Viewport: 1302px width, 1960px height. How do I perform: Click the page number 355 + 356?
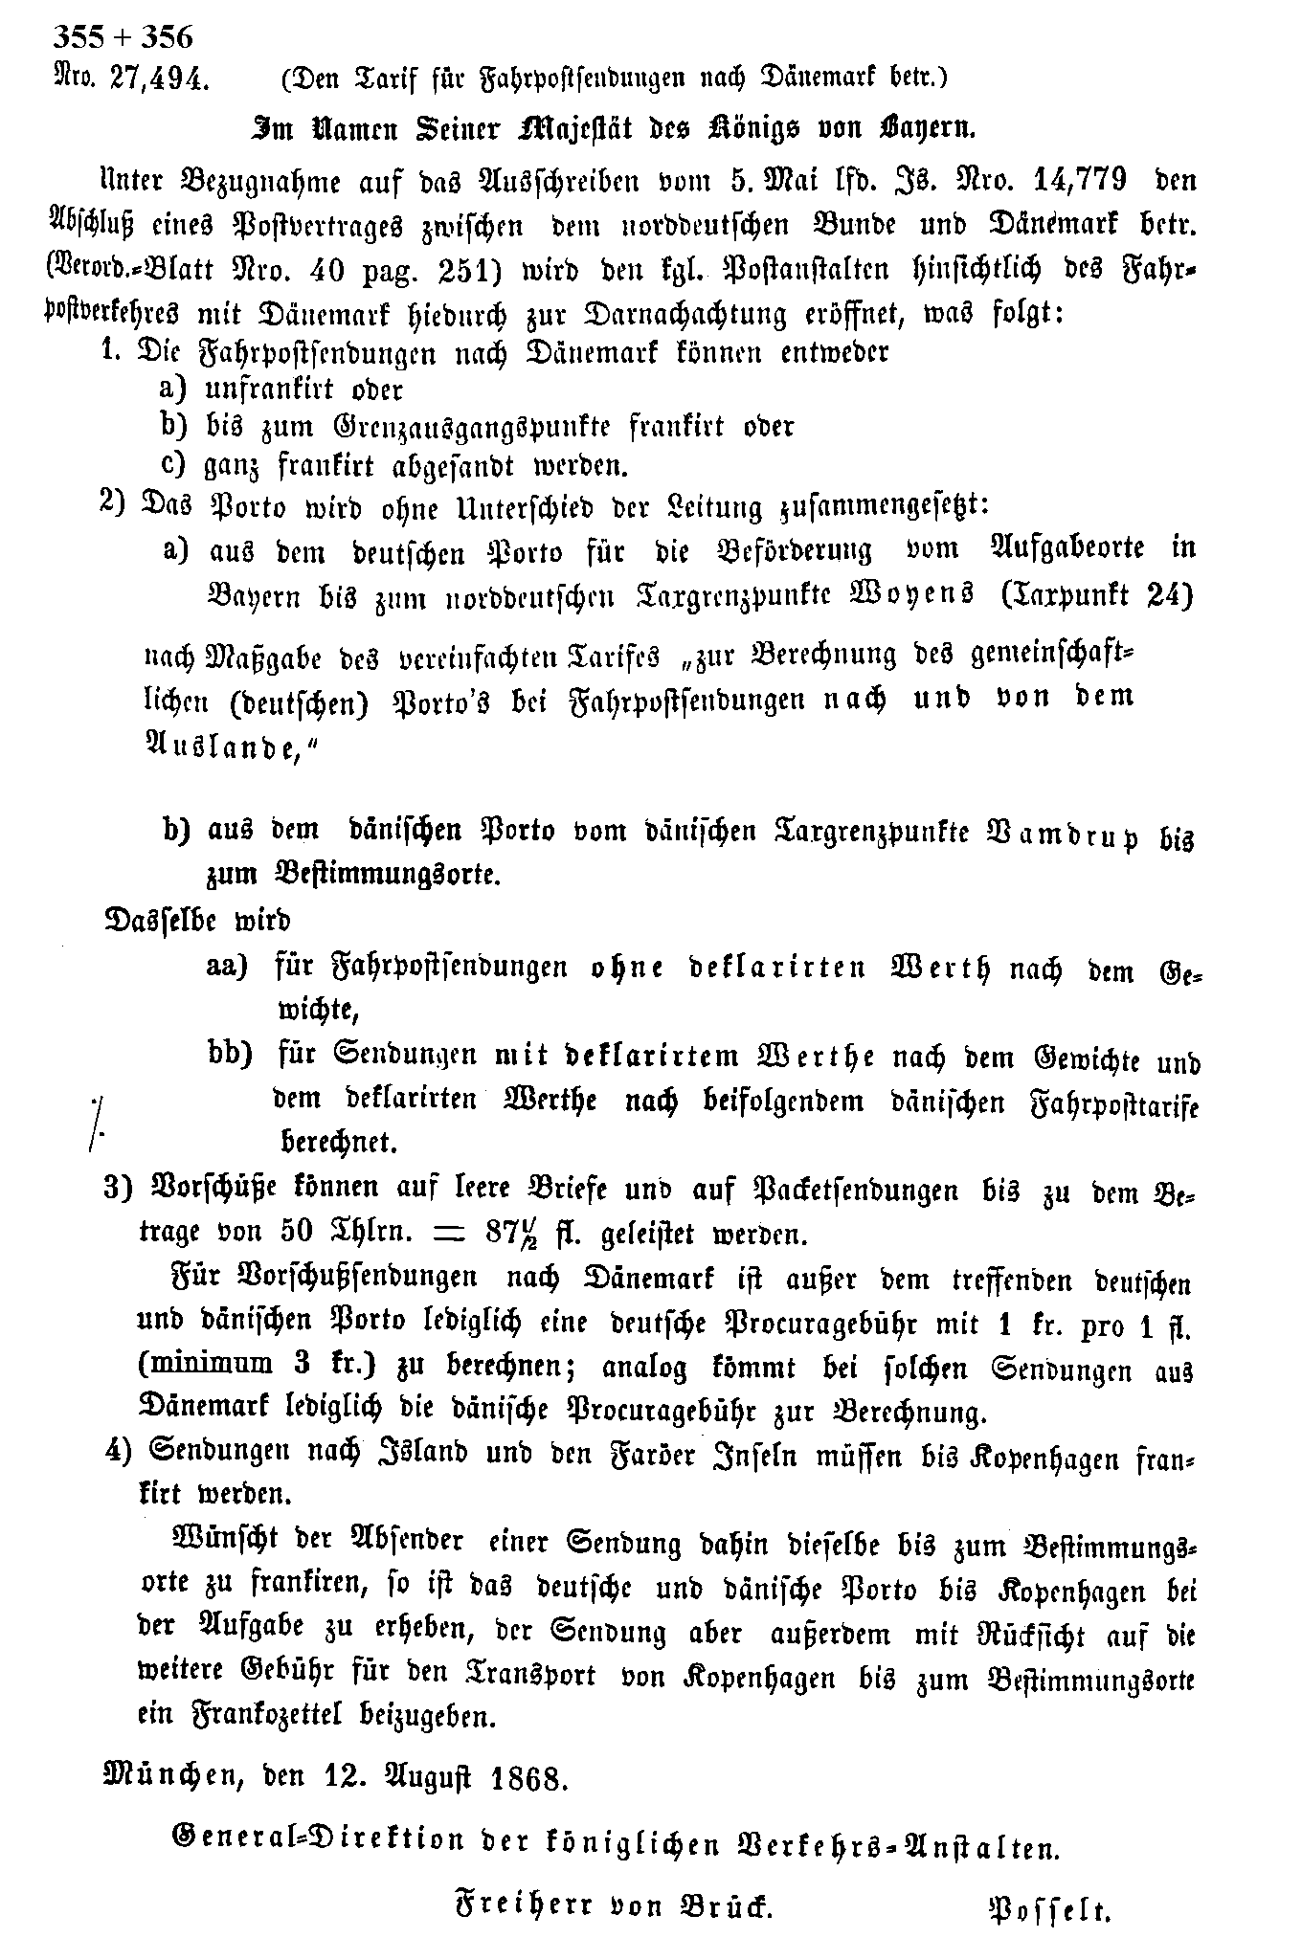(123, 37)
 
